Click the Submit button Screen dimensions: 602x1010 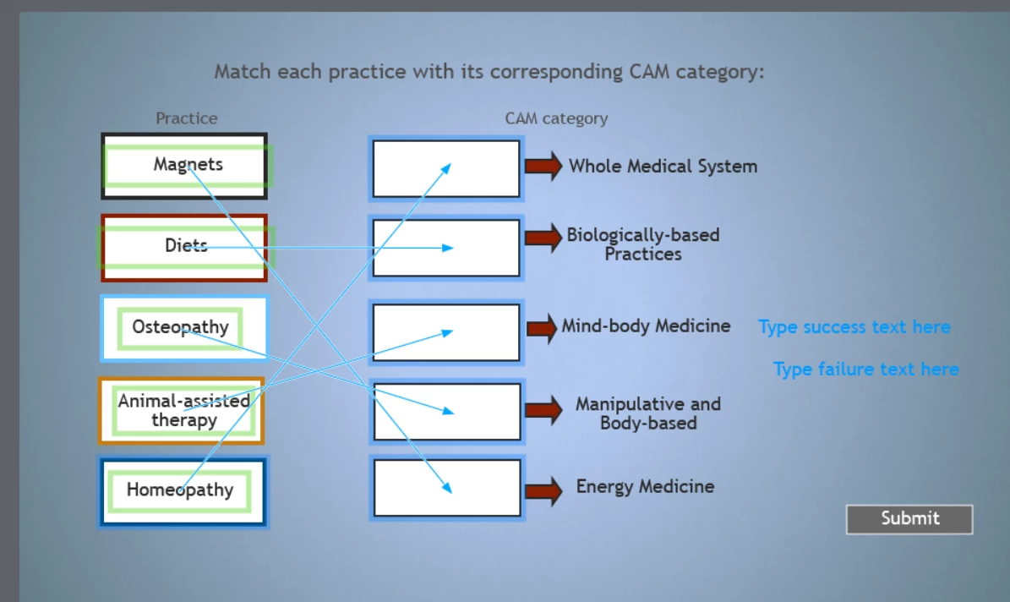pyautogui.click(x=909, y=519)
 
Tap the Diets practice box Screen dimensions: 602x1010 pyautogui.click(x=184, y=247)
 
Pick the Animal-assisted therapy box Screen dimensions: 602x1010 pyautogui.click(x=183, y=410)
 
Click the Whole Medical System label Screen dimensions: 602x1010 pyautogui.click(x=663, y=167)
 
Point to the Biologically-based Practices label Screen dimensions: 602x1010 pyautogui.click(x=643, y=244)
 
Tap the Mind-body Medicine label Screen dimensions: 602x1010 pyautogui.click(x=647, y=326)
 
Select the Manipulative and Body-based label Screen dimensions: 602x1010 pyautogui.click(x=648, y=413)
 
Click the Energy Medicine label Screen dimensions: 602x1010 pyautogui.click(x=645, y=487)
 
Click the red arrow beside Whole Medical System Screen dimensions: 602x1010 pyautogui.click(x=543, y=167)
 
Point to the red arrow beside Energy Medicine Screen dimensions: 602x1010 pyautogui.click(x=543, y=490)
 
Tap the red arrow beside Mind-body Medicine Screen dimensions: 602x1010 pyautogui.click(x=543, y=327)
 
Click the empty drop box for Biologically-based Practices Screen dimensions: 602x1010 pyautogui.click(x=446, y=248)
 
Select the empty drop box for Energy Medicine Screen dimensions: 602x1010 pyautogui.click(x=447, y=488)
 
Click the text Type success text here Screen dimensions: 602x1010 pyautogui.click(x=854, y=327)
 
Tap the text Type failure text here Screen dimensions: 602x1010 pyautogui.click(x=866, y=369)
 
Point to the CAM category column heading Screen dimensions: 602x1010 pyautogui.click(x=556, y=118)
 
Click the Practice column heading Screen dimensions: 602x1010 pyautogui.click(x=187, y=118)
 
